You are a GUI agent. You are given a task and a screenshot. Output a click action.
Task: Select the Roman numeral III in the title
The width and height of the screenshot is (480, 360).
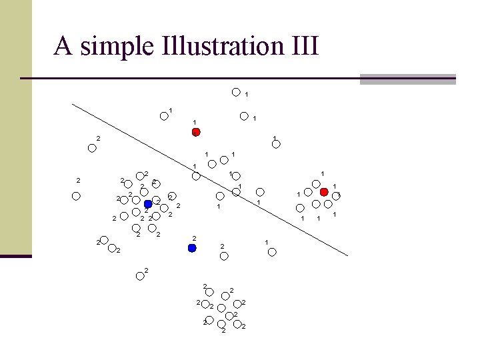pos(304,47)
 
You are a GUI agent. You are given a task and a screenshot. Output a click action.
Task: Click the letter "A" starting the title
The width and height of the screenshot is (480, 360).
pos(63,47)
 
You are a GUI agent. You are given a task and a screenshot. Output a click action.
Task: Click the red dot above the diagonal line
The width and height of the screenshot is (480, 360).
pos(196,132)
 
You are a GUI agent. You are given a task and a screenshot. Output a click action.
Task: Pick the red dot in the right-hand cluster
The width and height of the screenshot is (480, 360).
pos(324,192)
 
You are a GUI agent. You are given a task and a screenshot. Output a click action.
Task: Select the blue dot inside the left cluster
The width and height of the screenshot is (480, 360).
pos(148,204)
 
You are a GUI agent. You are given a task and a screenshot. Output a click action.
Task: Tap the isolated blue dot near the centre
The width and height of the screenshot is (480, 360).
pos(192,248)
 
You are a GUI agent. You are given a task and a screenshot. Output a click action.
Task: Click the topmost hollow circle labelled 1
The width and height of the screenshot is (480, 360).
pos(235,93)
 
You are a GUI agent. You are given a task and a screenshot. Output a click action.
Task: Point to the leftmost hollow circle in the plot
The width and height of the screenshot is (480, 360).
pos(77,196)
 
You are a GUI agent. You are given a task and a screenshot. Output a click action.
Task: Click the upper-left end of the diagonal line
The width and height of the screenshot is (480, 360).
pos(73,104)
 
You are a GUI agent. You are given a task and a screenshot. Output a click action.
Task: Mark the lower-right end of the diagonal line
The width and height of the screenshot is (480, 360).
pos(347,255)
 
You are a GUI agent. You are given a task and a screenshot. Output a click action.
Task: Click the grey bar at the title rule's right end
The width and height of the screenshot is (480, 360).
pos(407,79)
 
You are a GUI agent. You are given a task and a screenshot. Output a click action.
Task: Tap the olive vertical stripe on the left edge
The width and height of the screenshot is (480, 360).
pos(15,127)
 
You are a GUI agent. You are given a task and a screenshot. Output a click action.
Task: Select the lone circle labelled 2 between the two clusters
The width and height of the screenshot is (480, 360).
pos(140,276)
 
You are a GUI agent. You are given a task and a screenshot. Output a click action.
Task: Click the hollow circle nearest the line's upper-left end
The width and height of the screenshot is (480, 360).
pos(92,148)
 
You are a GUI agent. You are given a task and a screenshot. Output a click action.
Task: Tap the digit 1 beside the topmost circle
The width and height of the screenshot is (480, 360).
pos(247,95)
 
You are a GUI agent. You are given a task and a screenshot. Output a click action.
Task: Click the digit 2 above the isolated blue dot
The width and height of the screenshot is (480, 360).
pos(194,238)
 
